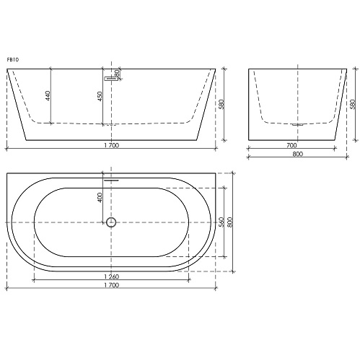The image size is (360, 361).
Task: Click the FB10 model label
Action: (13, 60)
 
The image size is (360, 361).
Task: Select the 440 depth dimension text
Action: (48, 96)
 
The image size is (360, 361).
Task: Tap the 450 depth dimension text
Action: (100, 96)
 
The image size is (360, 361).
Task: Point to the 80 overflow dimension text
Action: (117, 74)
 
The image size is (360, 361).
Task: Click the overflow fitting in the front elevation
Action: (110, 79)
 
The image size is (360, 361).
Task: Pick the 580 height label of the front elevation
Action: (221, 104)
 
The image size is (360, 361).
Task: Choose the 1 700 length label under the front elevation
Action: (112, 145)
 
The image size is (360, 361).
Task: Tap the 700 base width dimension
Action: (291, 145)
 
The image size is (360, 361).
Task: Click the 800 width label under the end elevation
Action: (298, 154)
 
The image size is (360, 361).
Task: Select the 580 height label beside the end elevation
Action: (353, 104)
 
